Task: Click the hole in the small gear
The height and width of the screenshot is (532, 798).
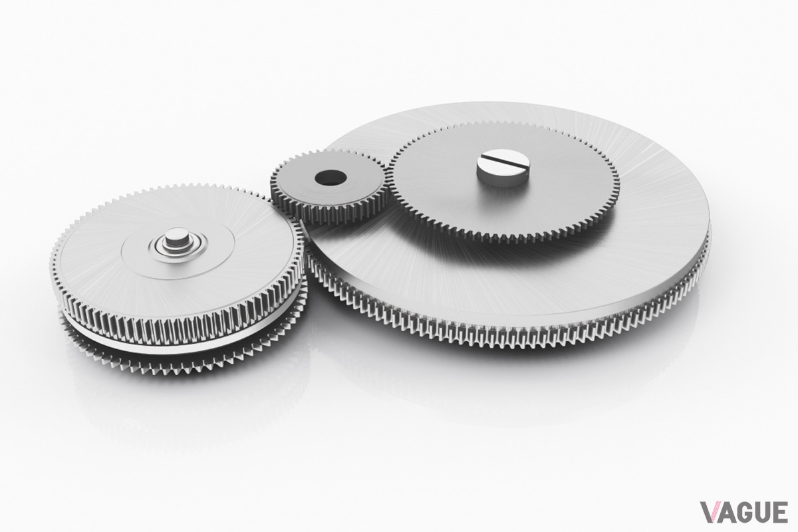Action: point(331,177)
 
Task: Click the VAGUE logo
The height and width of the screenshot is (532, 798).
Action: point(744,512)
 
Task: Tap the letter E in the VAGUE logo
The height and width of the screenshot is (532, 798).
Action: point(780,512)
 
